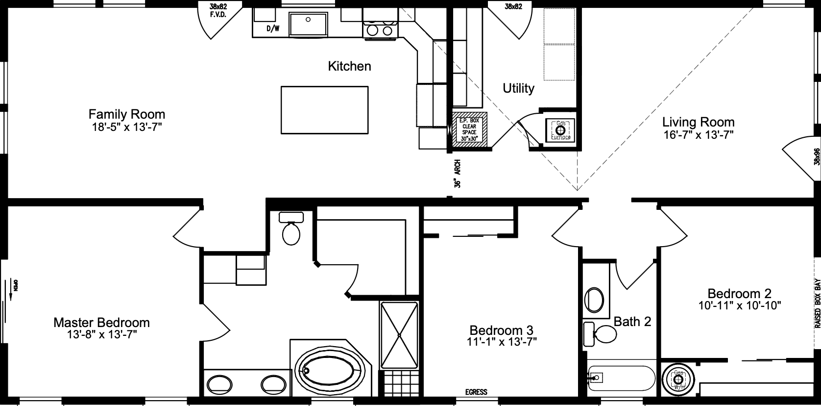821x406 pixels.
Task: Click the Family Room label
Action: click(126, 114)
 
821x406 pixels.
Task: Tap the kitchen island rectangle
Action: click(324, 110)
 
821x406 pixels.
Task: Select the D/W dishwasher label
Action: click(272, 28)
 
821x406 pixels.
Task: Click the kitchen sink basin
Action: click(308, 24)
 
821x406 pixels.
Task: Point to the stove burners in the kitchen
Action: click(380, 31)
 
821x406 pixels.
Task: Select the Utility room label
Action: click(518, 88)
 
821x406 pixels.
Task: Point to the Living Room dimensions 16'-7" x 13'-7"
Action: click(698, 135)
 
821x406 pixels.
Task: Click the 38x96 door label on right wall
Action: click(816, 156)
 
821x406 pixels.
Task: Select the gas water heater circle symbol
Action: click(678, 380)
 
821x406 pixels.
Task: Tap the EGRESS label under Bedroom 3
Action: click(476, 392)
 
